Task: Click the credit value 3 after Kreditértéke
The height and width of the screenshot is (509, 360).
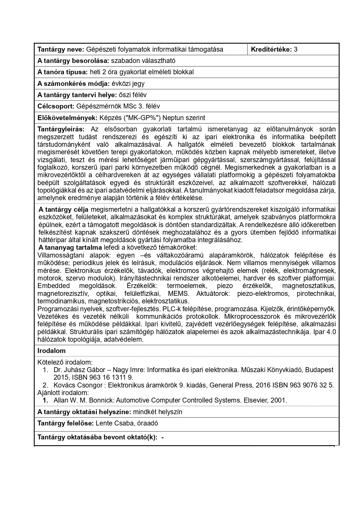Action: point(295,49)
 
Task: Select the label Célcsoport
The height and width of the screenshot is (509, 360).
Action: point(56,106)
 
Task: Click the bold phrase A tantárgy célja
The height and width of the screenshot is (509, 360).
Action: point(63,210)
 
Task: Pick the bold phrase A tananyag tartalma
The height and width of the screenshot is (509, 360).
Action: point(70,247)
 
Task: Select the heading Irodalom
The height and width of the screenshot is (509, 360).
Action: point(51,351)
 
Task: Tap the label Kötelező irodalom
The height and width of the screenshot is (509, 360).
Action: point(65,362)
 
